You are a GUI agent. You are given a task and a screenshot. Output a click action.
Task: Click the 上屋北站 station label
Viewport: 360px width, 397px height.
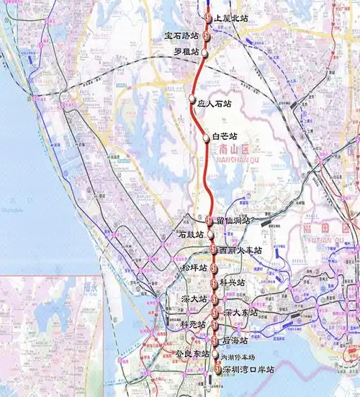pyautogui.click(x=231, y=17)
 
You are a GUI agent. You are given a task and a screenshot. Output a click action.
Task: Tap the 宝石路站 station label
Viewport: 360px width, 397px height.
pyautogui.click(x=183, y=35)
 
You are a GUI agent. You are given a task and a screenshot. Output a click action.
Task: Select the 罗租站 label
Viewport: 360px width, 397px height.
pyautogui.click(x=186, y=52)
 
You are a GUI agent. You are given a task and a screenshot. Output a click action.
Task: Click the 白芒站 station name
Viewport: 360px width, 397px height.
pyautogui.click(x=224, y=136)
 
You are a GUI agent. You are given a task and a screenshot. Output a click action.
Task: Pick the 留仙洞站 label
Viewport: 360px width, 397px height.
pyautogui.click(x=233, y=220)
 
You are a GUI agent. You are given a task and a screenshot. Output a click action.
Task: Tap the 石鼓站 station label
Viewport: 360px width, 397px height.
pyautogui.click(x=191, y=235)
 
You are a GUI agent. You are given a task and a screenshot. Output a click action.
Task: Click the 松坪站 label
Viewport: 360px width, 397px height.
pyautogui.click(x=194, y=268)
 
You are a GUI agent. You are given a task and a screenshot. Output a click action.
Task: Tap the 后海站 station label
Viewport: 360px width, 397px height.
pyautogui.click(x=234, y=339)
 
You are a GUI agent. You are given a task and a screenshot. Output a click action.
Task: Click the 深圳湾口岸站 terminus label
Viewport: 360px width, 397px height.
pyautogui.click(x=248, y=370)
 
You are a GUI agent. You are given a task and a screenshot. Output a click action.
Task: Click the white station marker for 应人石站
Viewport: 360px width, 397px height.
pyautogui.click(x=192, y=98)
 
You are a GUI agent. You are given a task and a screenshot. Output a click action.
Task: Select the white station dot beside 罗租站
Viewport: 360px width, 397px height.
pyautogui.click(x=204, y=53)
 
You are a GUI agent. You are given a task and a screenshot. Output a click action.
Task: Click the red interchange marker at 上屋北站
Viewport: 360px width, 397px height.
pyautogui.click(x=208, y=17)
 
